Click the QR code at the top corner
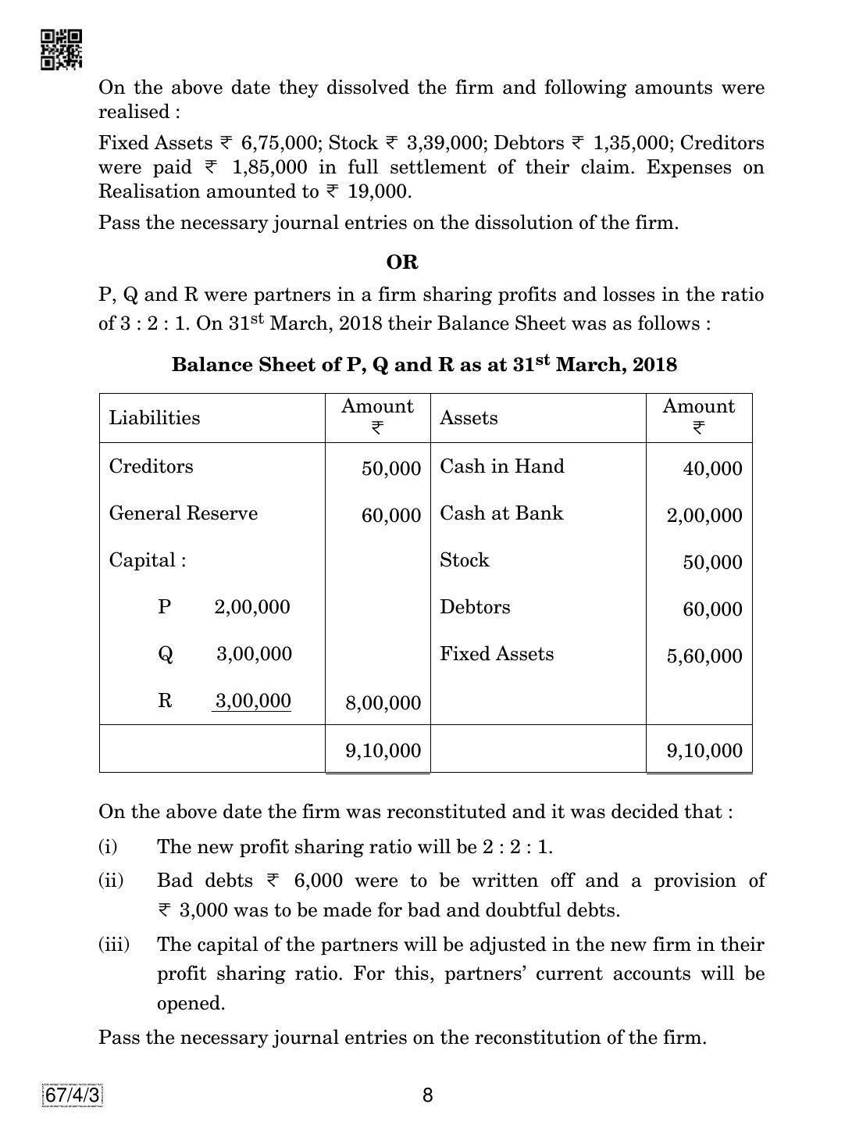[61, 49]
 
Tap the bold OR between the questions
[402, 263]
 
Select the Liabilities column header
[155, 418]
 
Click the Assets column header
[469, 418]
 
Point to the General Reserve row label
[183, 513]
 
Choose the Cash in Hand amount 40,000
[712, 469]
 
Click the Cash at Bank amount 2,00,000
[704, 516]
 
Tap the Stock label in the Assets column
[464, 560]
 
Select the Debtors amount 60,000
[712, 609]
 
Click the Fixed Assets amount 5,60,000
[704, 656]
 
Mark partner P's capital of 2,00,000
[251, 607]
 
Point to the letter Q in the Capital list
[166, 654]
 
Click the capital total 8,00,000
[383, 703]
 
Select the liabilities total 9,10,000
[383, 751]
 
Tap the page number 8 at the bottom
[427, 1095]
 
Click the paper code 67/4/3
[73, 1095]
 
